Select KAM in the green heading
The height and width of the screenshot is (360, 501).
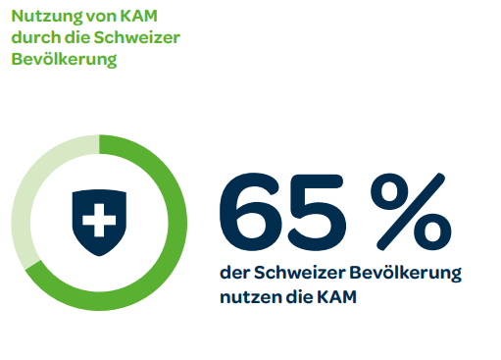coord(135,17)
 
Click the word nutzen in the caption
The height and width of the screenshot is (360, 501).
coord(246,295)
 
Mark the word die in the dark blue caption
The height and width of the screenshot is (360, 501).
coord(297,295)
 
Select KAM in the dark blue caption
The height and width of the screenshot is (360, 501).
coord(333,295)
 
